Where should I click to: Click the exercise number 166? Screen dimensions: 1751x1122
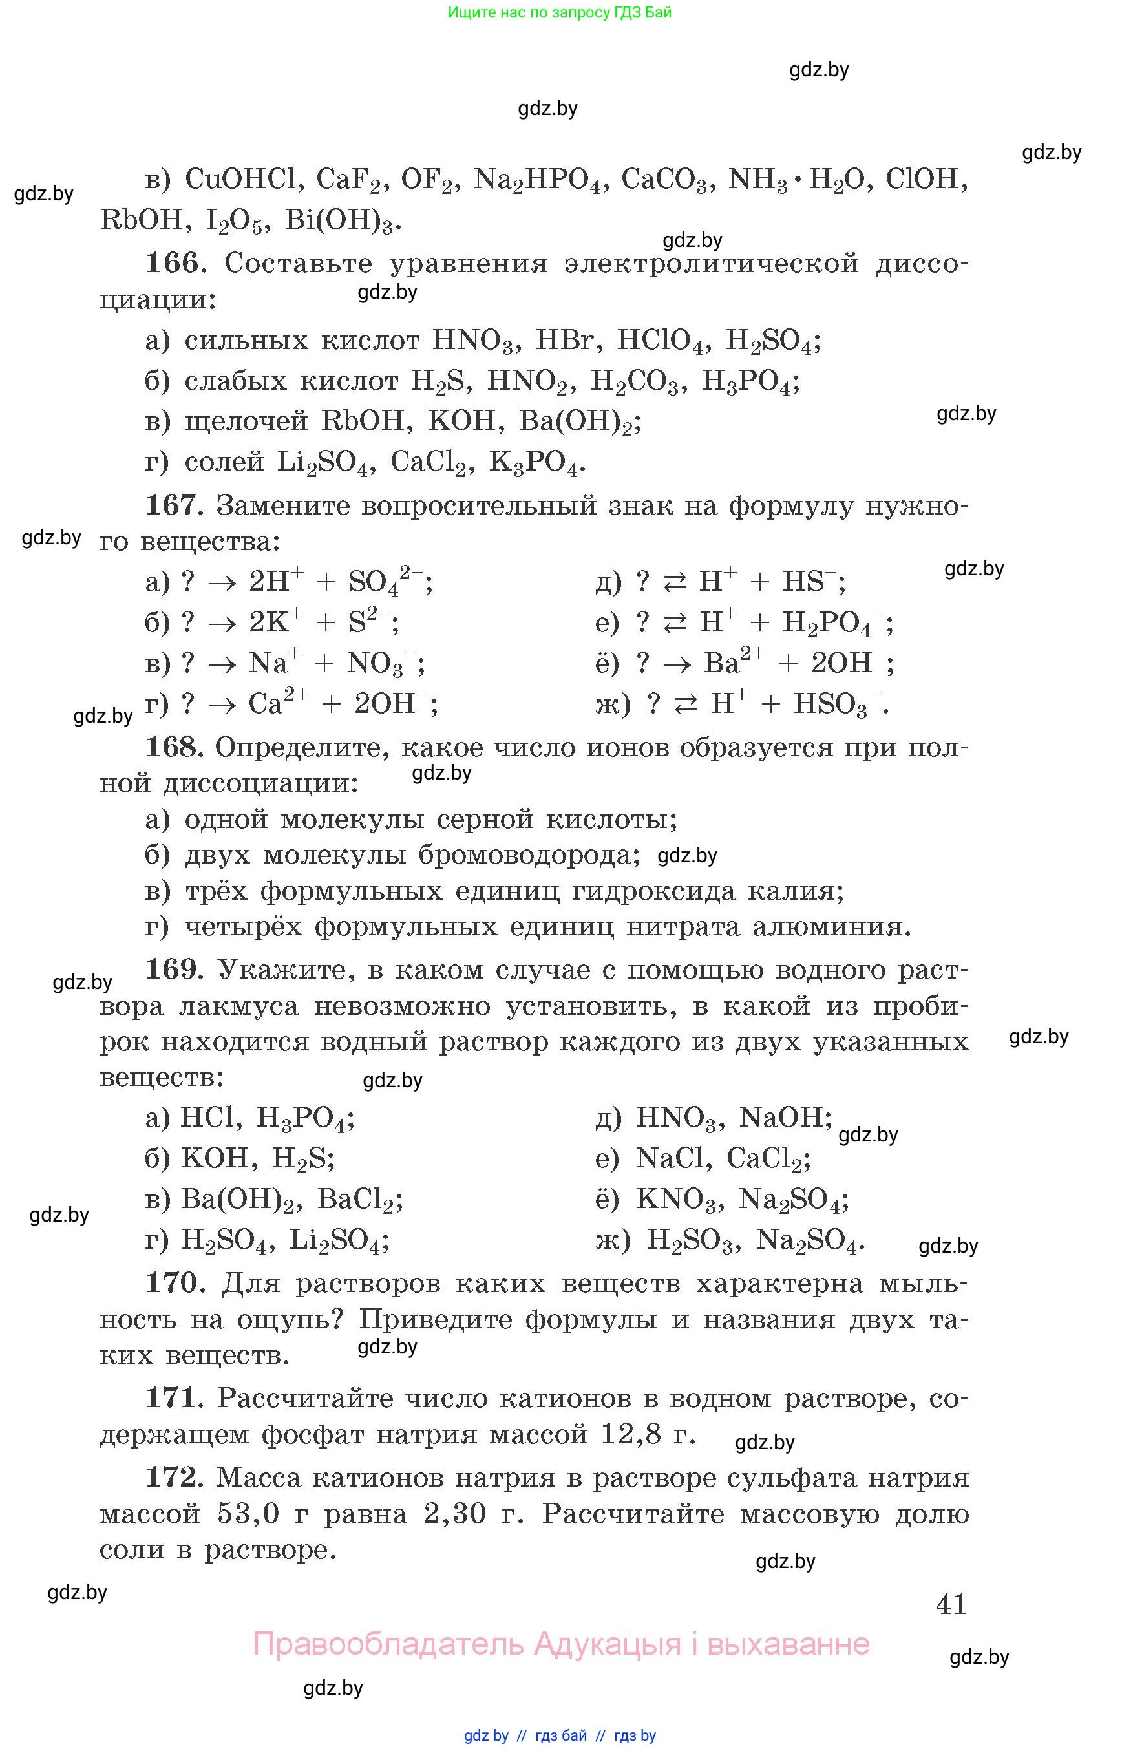172,262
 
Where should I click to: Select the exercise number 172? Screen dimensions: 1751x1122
172,1477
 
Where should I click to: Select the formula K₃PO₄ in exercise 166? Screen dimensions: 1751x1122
536,462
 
